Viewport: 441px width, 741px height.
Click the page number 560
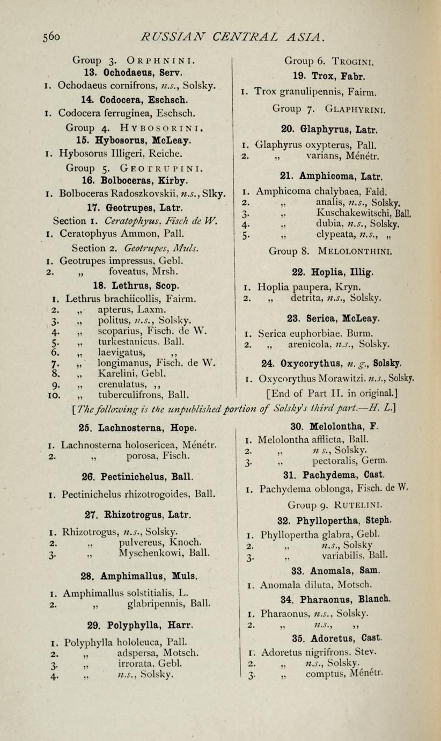(48, 37)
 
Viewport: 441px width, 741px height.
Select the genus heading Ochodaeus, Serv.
(134, 72)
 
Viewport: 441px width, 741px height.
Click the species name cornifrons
(142, 85)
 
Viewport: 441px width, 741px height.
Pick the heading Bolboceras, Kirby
(142, 180)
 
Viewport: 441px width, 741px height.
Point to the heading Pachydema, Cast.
(329, 475)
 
